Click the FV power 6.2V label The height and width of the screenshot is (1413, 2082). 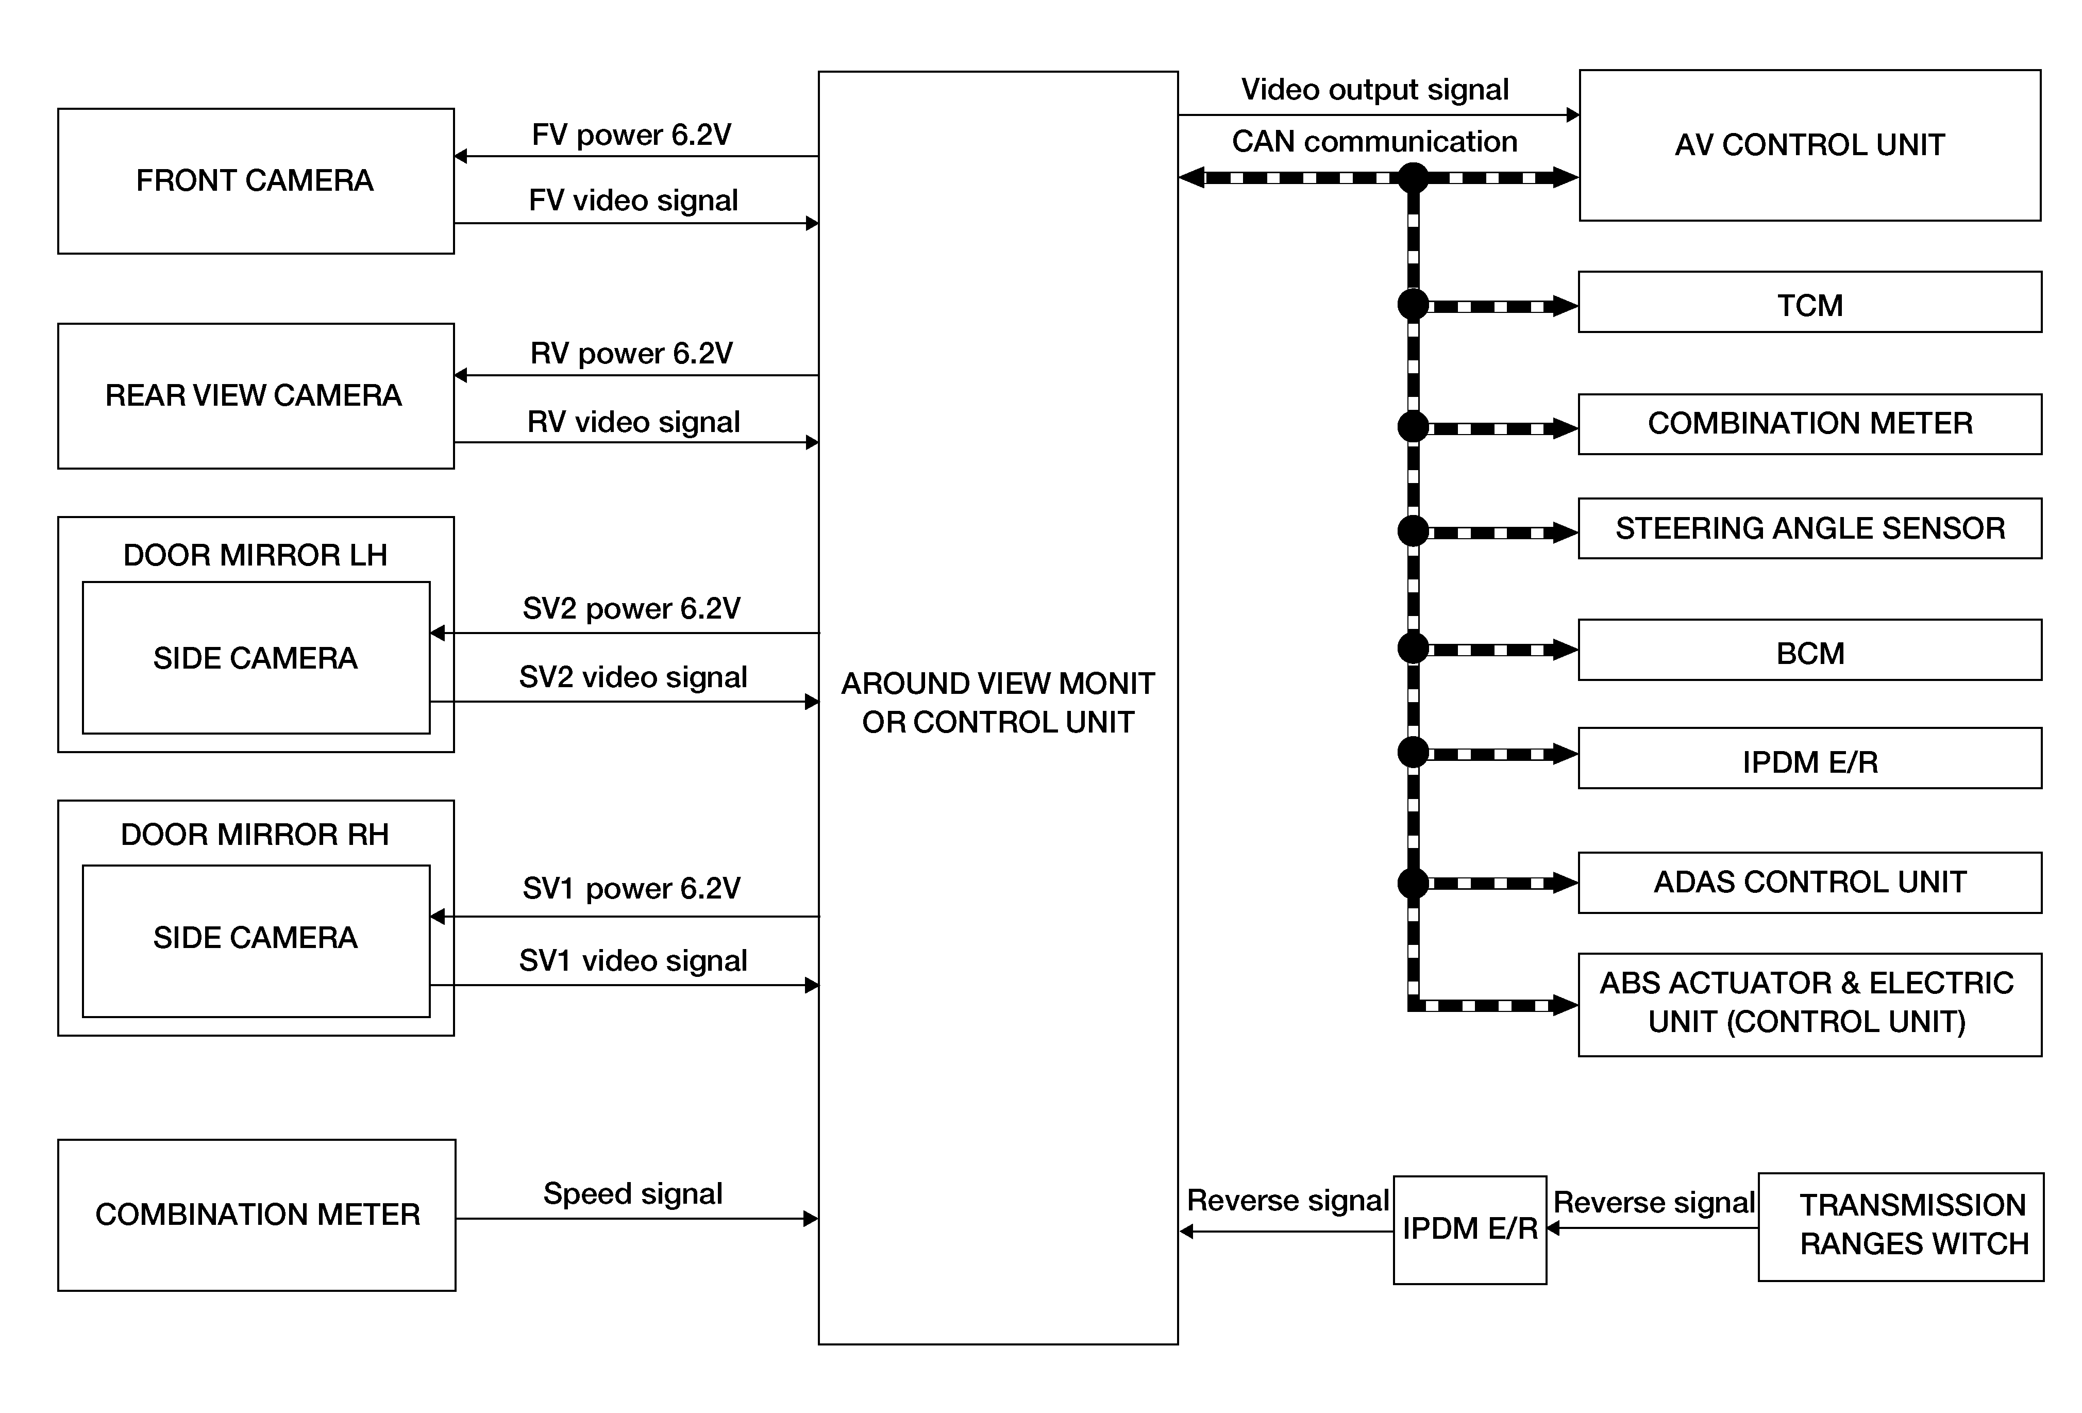[x=632, y=135]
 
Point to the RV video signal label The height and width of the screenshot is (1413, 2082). [x=633, y=422]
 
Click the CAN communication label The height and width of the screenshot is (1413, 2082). [x=1374, y=142]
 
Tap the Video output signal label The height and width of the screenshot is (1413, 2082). [x=1374, y=90]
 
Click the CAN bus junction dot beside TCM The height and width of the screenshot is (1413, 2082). [x=1413, y=305]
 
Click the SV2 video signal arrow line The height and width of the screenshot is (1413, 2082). [x=625, y=702]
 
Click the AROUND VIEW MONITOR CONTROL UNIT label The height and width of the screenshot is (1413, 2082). [x=998, y=703]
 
